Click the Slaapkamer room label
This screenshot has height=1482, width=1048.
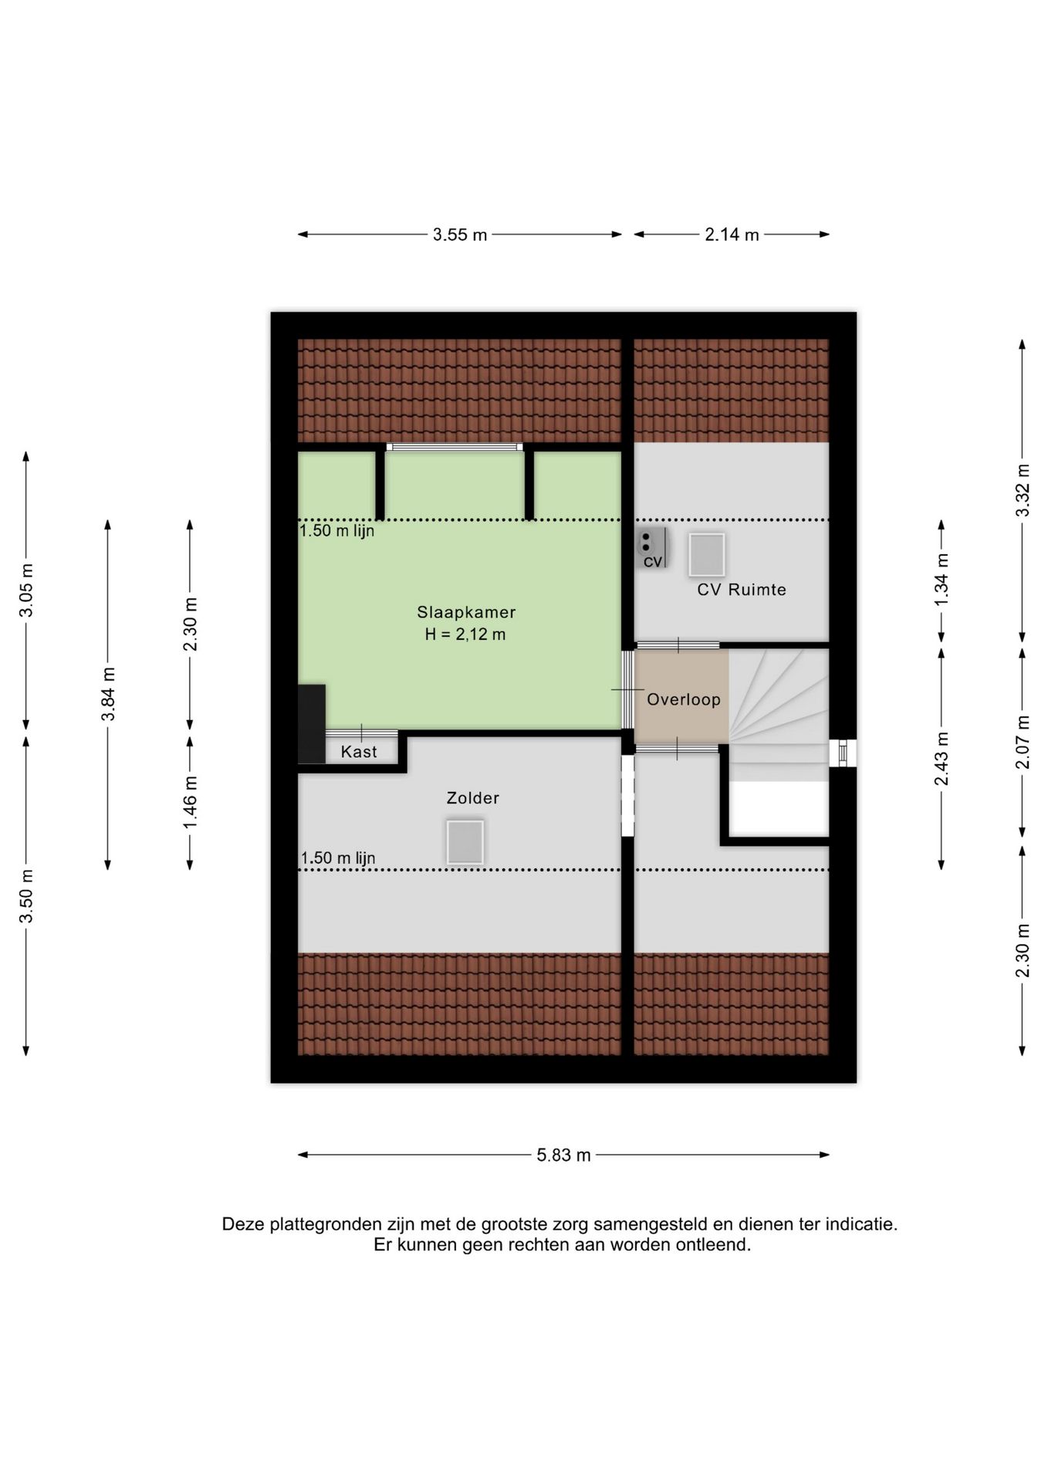point(466,612)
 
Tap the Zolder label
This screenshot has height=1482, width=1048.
point(473,798)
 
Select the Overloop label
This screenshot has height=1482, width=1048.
point(684,699)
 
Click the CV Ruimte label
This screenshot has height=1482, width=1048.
point(742,590)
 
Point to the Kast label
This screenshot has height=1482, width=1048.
point(359,752)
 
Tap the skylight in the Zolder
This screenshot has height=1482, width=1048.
point(465,842)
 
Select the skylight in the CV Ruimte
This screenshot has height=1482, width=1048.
point(707,555)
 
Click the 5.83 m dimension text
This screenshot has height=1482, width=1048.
point(564,1155)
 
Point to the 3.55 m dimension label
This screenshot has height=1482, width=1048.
point(460,235)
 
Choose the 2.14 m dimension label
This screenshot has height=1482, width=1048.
point(732,235)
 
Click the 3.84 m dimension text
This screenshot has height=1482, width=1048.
point(108,694)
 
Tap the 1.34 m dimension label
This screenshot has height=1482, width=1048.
point(942,580)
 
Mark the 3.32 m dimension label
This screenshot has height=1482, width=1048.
point(1023,491)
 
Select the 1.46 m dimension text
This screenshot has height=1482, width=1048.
point(190,803)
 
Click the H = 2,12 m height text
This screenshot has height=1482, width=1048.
point(465,634)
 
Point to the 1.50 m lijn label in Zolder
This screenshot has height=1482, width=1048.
point(338,858)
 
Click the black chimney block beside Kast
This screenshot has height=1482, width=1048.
point(312,724)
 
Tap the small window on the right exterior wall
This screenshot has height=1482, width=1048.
point(843,753)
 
